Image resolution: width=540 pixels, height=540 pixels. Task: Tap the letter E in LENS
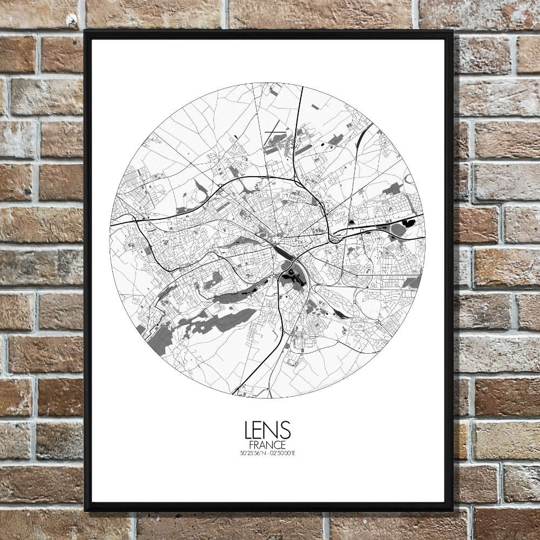tap(260, 430)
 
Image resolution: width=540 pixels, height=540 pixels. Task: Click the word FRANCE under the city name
tap(267, 445)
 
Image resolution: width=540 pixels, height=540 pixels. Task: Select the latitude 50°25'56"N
tap(254, 453)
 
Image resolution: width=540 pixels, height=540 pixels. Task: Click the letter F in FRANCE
tap(252, 445)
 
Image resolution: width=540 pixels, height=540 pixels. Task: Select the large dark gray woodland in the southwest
tap(216, 322)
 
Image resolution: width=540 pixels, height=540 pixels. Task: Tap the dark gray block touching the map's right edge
tap(413, 282)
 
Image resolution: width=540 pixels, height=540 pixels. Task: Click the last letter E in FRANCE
tap(283, 445)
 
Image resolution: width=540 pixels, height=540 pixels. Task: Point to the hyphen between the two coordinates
tap(268, 453)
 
